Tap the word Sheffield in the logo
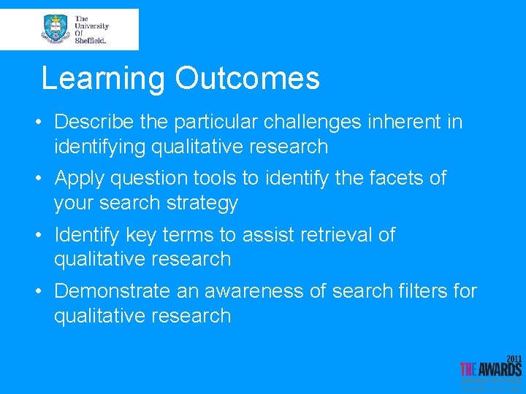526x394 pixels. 91,41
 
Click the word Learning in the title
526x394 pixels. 103,79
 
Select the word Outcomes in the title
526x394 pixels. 247,79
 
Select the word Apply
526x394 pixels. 83,178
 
